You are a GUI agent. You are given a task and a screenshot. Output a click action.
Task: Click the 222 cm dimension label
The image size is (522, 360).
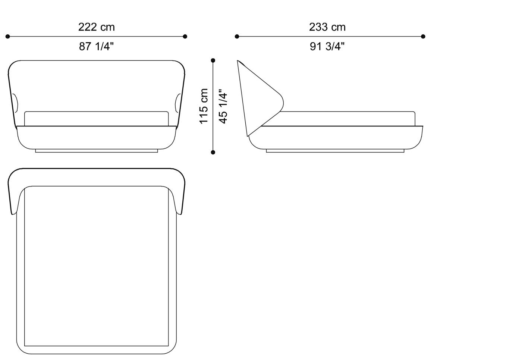coord(96,27)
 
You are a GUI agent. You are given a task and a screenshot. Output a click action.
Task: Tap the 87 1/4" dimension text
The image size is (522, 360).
coord(96,47)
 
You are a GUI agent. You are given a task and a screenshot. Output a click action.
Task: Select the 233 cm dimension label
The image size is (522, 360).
coord(327,27)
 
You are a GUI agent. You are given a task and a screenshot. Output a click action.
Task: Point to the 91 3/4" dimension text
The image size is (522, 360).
coord(327,47)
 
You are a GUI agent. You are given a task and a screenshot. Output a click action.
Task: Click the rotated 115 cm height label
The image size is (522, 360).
coord(204,106)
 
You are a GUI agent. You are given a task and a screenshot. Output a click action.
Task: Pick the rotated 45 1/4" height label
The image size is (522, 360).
coord(223,106)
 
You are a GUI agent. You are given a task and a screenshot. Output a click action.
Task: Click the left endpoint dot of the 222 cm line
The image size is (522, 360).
coord(7,37)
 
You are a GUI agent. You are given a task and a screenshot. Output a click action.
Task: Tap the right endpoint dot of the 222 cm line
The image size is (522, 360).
coord(185,37)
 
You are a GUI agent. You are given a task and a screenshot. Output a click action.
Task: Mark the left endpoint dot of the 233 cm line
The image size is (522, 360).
coord(237,37)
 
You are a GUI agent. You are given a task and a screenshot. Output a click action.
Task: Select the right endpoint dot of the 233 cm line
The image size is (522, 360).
coord(423,37)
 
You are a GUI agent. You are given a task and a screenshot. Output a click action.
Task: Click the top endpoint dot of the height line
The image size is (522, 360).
coord(213,60)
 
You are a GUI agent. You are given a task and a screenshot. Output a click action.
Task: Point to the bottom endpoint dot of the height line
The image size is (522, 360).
coord(213,152)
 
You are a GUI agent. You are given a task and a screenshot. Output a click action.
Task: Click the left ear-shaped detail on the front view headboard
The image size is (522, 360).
coord(15,103)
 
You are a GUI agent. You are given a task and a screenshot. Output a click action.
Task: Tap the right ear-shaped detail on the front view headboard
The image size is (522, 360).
coord(177,103)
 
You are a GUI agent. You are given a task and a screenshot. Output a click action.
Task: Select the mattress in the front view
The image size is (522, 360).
coord(96,119)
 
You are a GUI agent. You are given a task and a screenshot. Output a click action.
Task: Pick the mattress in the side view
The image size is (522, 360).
coord(347,119)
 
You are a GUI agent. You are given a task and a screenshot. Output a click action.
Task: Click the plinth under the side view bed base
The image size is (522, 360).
coord(335,151)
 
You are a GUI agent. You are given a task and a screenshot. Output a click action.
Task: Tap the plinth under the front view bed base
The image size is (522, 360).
coord(96,151)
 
